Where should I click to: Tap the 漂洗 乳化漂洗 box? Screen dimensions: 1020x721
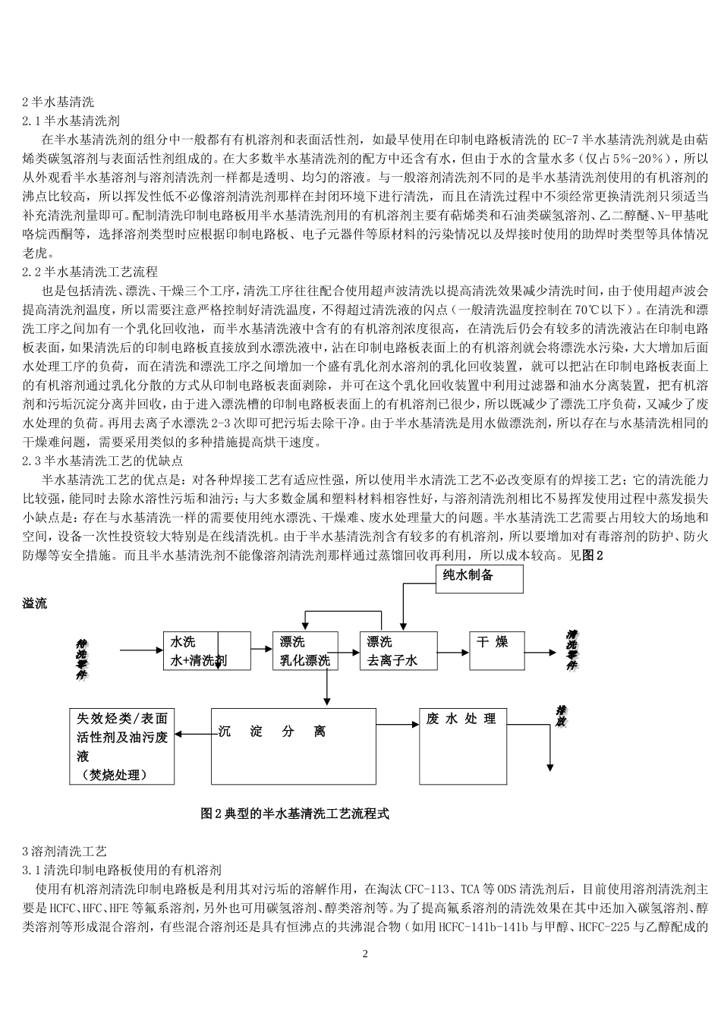coord(304,650)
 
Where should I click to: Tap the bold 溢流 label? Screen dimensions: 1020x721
coord(35,603)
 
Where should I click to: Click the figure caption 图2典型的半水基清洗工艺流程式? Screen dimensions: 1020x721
coord(294,813)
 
